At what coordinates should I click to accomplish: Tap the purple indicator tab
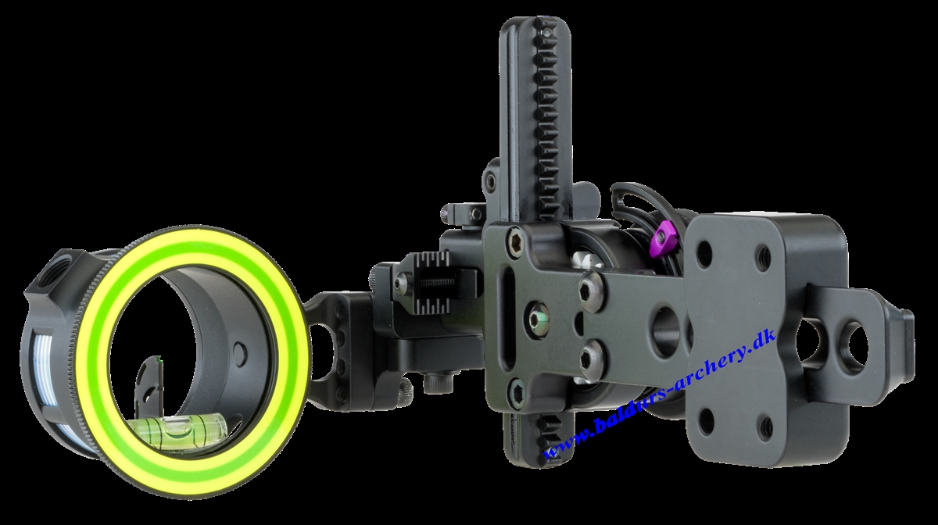coord(663,236)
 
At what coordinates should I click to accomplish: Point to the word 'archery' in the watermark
coord(704,370)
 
